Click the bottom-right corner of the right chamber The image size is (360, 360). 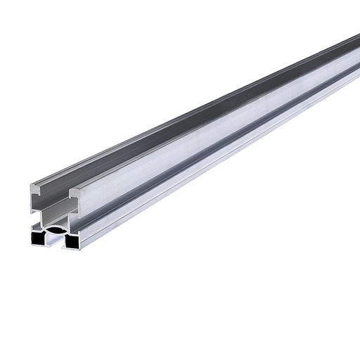point(79,247)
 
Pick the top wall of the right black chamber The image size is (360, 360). point(72,233)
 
